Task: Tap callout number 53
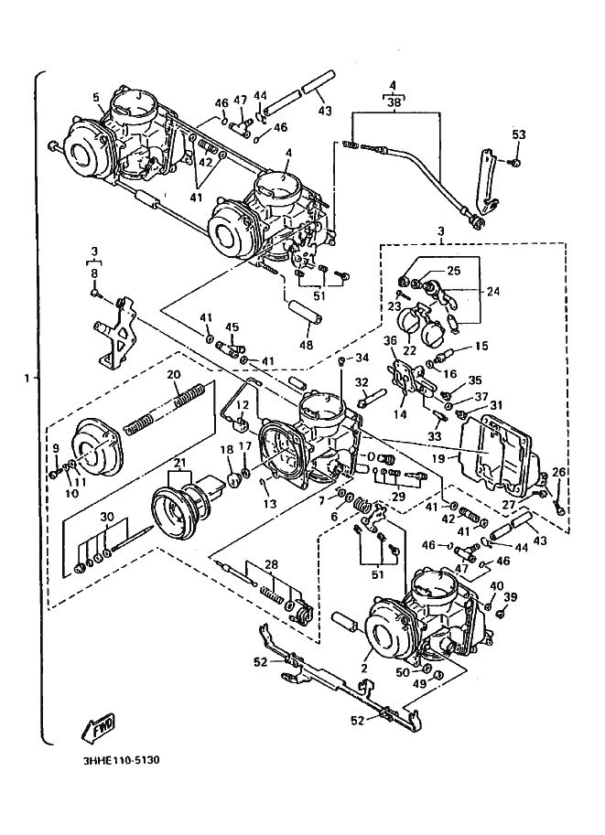(519, 135)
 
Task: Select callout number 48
(305, 346)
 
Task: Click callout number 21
(179, 463)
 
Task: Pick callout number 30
(108, 518)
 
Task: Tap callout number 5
(95, 98)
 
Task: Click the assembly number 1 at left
(27, 378)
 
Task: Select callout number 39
(511, 597)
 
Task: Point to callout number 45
(232, 327)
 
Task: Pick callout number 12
(243, 405)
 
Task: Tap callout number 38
(393, 104)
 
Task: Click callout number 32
(362, 382)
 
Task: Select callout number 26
(559, 472)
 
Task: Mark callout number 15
(481, 347)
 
